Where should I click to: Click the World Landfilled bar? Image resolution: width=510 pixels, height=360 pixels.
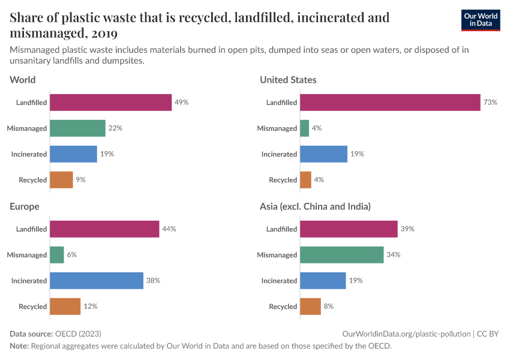tap(110, 103)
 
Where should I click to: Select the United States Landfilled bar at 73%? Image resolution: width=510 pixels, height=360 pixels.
tap(390, 103)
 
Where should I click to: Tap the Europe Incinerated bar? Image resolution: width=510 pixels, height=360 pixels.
tap(97, 281)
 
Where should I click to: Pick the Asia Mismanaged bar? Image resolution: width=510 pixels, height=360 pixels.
tap(341, 255)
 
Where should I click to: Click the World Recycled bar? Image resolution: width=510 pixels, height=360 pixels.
tap(61, 180)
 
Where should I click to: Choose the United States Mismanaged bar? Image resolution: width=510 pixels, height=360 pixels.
tap(304, 128)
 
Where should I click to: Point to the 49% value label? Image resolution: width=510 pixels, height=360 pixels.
tap(181, 103)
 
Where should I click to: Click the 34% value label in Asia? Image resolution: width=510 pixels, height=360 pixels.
tap(393, 255)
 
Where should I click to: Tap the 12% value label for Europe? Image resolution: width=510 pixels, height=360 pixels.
tap(90, 307)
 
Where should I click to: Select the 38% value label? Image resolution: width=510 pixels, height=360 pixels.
tap(153, 281)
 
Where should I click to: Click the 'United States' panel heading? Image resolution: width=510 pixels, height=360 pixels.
tap(288, 80)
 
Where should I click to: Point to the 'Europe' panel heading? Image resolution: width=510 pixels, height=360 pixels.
tap(25, 206)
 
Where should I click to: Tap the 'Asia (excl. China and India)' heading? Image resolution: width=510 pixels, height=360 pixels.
tap(315, 206)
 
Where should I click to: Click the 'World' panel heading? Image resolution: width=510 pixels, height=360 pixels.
tap(23, 80)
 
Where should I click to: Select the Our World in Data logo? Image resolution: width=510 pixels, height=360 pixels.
tap(480, 20)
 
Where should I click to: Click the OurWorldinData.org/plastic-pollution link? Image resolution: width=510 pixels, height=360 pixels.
tap(406, 334)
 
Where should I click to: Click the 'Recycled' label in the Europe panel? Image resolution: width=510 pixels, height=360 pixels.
tap(32, 307)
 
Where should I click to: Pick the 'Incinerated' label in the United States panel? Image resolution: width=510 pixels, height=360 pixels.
tap(279, 154)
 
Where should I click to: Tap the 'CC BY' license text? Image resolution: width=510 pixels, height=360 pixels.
tap(488, 334)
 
